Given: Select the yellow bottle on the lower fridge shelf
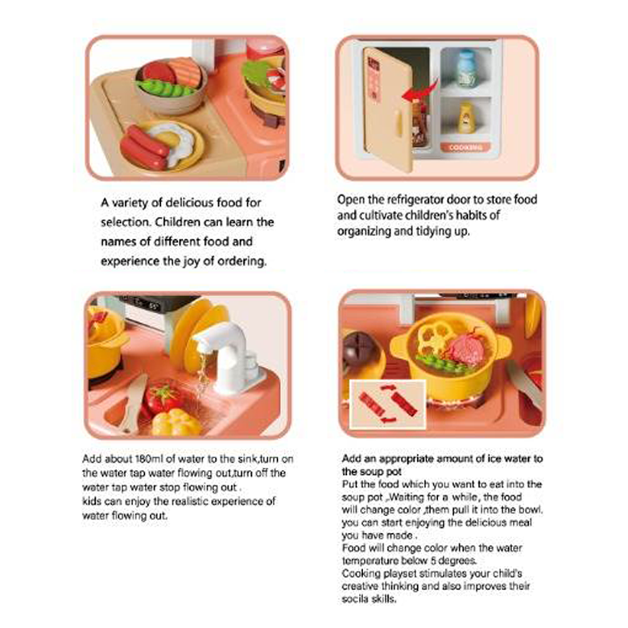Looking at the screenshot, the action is click(x=466, y=118).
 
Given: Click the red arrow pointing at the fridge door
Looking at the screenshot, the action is click(x=420, y=92).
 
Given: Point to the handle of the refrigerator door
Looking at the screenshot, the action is click(x=399, y=122).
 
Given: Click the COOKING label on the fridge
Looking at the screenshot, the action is click(x=465, y=147).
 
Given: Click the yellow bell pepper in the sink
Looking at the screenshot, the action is click(x=176, y=422).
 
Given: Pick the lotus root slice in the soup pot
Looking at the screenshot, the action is click(x=435, y=337).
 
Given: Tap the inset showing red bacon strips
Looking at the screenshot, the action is click(x=388, y=404).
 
